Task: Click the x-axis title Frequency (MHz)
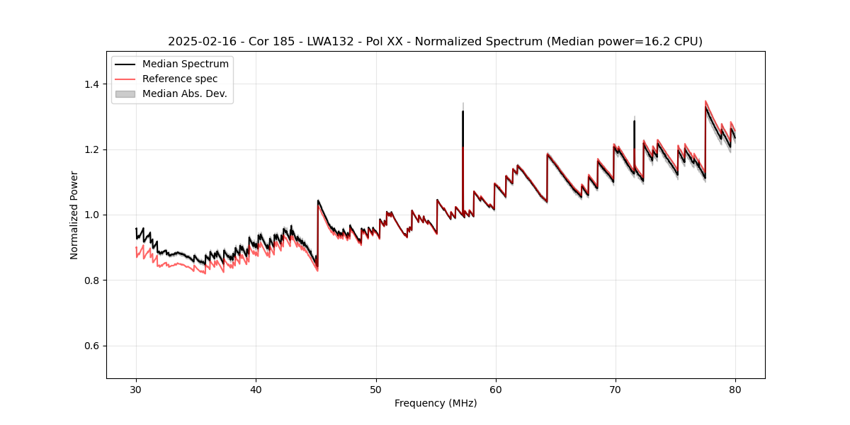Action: (436, 403)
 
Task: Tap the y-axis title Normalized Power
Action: (74, 215)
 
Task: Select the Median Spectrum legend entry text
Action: (186, 64)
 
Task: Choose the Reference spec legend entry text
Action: (180, 79)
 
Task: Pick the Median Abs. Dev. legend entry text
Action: (185, 93)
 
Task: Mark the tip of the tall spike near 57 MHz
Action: (463, 111)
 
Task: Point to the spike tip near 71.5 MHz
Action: (634, 121)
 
